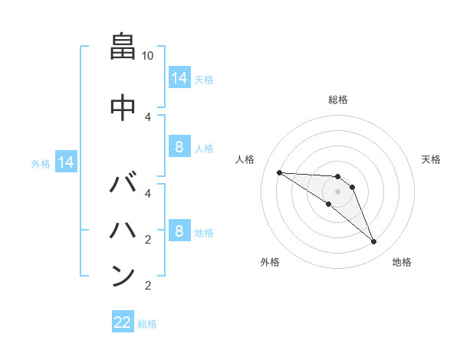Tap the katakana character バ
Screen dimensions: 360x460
(x=123, y=185)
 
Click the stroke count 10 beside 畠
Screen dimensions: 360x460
(x=148, y=56)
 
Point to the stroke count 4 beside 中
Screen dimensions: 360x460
(x=148, y=116)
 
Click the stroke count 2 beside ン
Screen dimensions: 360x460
(x=148, y=286)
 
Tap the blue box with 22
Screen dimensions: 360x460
(x=123, y=322)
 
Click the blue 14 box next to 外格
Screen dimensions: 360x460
(x=65, y=162)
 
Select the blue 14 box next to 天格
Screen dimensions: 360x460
(x=179, y=77)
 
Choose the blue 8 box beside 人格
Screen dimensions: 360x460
(x=179, y=148)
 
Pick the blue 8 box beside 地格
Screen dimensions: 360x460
(x=179, y=231)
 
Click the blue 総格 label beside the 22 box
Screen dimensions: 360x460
(x=147, y=323)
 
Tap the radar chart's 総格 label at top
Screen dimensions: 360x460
(x=338, y=100)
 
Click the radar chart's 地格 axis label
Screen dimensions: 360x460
(x=402, y=262)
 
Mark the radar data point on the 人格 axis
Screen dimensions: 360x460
(x=279, y=172)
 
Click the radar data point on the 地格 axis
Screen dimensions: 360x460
(x=373, y=242)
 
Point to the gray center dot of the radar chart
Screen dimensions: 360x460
(x=338, y=191)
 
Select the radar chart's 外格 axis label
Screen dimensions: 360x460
(x=270, y=262)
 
